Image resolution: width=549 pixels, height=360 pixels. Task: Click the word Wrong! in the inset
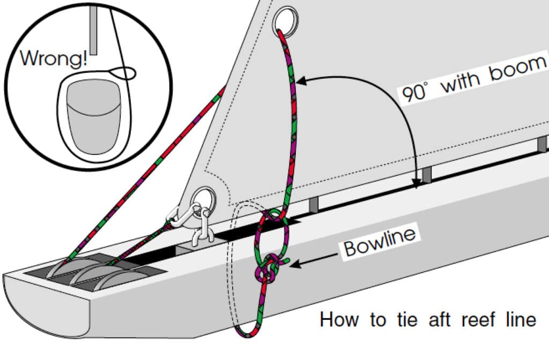tap(53, 58)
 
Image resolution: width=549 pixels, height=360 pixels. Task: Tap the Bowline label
tap(380, 242)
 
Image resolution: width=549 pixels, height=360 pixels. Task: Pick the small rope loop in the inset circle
tap(124, 72)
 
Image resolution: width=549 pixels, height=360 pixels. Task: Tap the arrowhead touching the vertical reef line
tap(300, 81)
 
